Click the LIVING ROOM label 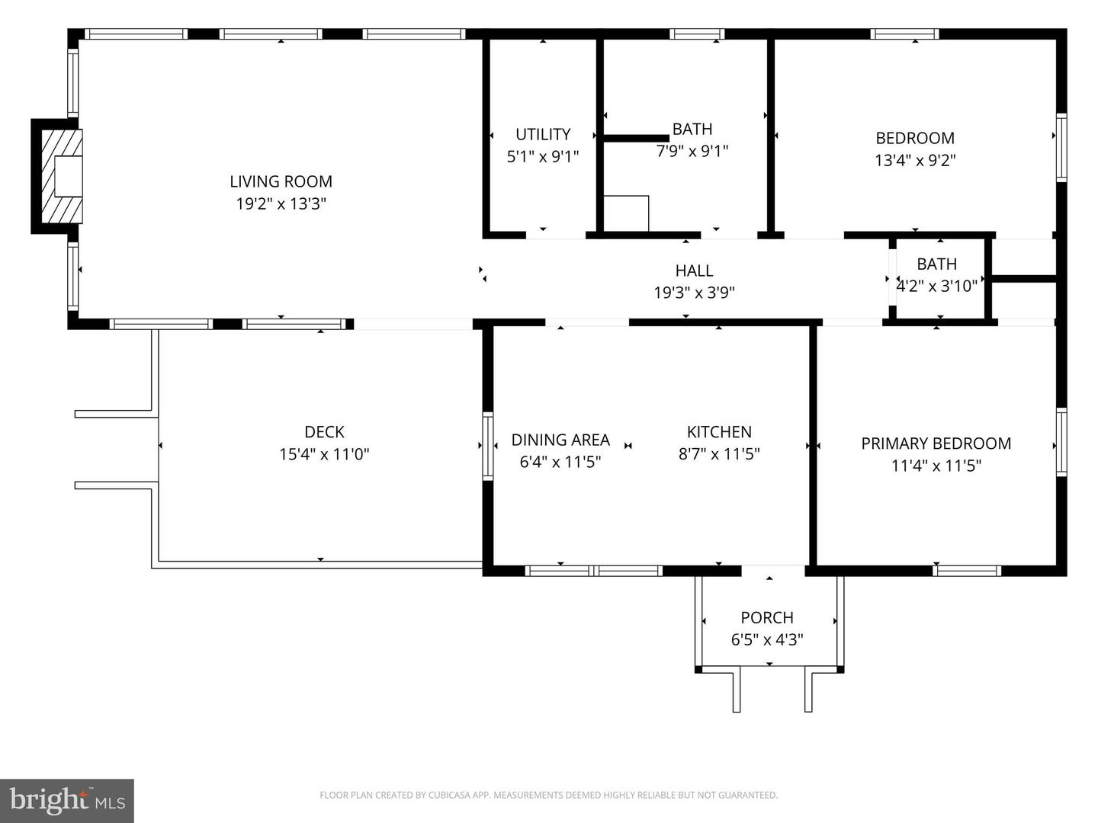(x=281, y=181)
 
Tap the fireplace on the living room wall (x=62, y=176)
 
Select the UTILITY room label (x=543, y=134)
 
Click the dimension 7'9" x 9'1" (x=692, y=151)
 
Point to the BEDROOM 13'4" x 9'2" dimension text (x=915, y=160)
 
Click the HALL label (x=694, y=271)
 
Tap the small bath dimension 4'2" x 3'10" (x=937, y=286)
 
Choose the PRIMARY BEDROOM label (x=936, y=444)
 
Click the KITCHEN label (x=719, y=432)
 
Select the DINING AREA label (x=560, y=440)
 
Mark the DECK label (x=324, y=432)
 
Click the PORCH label (x=767, y=617)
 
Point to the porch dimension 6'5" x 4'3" (x=767, y=639)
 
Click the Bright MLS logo (x=67, y=800)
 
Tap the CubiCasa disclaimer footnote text (x=548, y=795)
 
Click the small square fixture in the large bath (x=626, y=213)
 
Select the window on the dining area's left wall (x=487, y=446)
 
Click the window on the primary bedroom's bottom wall (x=967, y=570)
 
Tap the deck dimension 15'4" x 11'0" (x=324, y=454)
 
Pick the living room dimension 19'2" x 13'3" (x=281, y=203)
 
